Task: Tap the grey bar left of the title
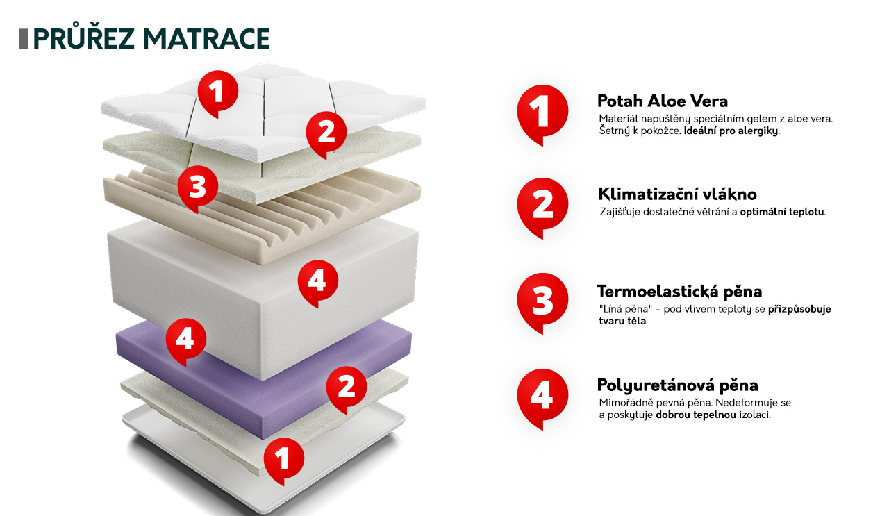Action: coord(24,39)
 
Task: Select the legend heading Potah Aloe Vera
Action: coord(663,101)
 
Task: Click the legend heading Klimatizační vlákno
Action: coord(677,194)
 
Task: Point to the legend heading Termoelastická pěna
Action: coord(679,292)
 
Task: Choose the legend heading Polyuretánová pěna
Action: coord(677,385)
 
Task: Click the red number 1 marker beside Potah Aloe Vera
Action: coord(542,115)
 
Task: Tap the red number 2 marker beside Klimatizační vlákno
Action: coord(542,208)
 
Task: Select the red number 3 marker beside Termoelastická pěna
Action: coord(542,303)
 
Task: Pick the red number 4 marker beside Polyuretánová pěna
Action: coord(542,399)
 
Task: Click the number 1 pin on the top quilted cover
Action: coord(218,94)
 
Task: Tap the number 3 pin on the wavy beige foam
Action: coord(198,188)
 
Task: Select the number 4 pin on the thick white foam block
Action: coord(317,283)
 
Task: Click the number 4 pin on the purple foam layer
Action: coord(185,342)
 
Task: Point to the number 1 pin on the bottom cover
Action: coord(284,461)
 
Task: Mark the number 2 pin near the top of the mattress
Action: coord(326,135)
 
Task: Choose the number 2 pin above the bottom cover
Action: coord(347,390)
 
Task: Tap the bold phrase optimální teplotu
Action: coord(782,212)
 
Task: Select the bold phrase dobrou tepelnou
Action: coord(696,415)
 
